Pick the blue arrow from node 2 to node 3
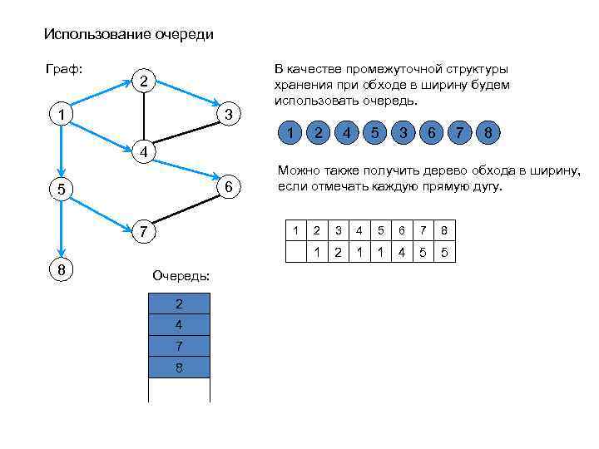point(186,94)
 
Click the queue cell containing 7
point(179,345)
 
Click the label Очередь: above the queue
point(181,275)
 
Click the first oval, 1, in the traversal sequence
point(289,132)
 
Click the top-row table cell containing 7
point(423,230)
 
